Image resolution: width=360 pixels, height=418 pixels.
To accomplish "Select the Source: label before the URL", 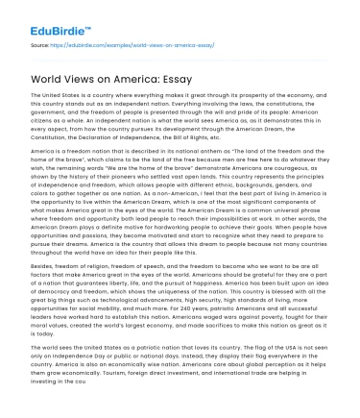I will point(41,44).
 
